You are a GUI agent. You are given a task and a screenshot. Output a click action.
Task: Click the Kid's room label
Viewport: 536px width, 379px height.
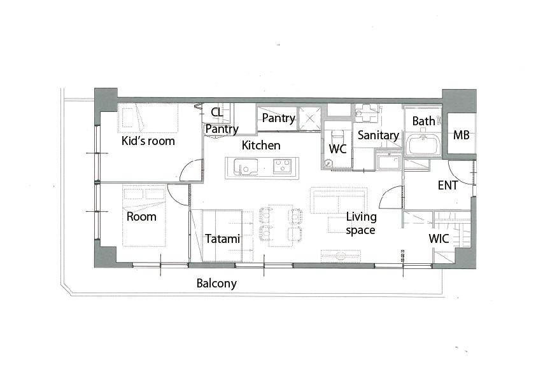(148, 141)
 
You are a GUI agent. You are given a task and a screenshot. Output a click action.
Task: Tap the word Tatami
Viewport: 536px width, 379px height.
(223, 238)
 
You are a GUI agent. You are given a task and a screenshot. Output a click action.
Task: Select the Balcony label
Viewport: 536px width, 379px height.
(216, 284)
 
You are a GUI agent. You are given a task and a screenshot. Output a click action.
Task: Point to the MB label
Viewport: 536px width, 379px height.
(461, 135)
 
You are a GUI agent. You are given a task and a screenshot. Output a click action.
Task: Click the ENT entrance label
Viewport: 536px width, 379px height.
(448, 186)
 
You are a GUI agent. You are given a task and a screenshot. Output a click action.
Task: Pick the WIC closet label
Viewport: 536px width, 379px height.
(439, 238)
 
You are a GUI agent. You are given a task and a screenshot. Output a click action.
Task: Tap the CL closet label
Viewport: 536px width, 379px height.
(216, 112)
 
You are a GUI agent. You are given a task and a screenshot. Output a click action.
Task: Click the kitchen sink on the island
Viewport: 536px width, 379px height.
(246, 167)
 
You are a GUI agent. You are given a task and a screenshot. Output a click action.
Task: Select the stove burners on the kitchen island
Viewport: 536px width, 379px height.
(283, 166)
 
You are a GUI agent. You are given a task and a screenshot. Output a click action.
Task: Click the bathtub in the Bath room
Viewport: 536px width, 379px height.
(423, 145)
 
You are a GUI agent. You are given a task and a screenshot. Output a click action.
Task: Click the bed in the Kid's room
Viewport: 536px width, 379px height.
(148, 118)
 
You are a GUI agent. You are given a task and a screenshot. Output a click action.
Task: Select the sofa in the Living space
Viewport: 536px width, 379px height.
(339, 200)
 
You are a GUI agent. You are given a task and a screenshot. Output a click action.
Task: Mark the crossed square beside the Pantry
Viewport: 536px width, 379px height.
(310, 118)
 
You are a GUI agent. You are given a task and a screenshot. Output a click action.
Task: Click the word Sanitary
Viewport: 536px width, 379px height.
(378, 135)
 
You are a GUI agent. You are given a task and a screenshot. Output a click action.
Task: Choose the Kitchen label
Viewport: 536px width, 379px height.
(261, 146)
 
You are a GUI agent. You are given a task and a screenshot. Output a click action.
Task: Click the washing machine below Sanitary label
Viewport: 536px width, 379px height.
(389, 162)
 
